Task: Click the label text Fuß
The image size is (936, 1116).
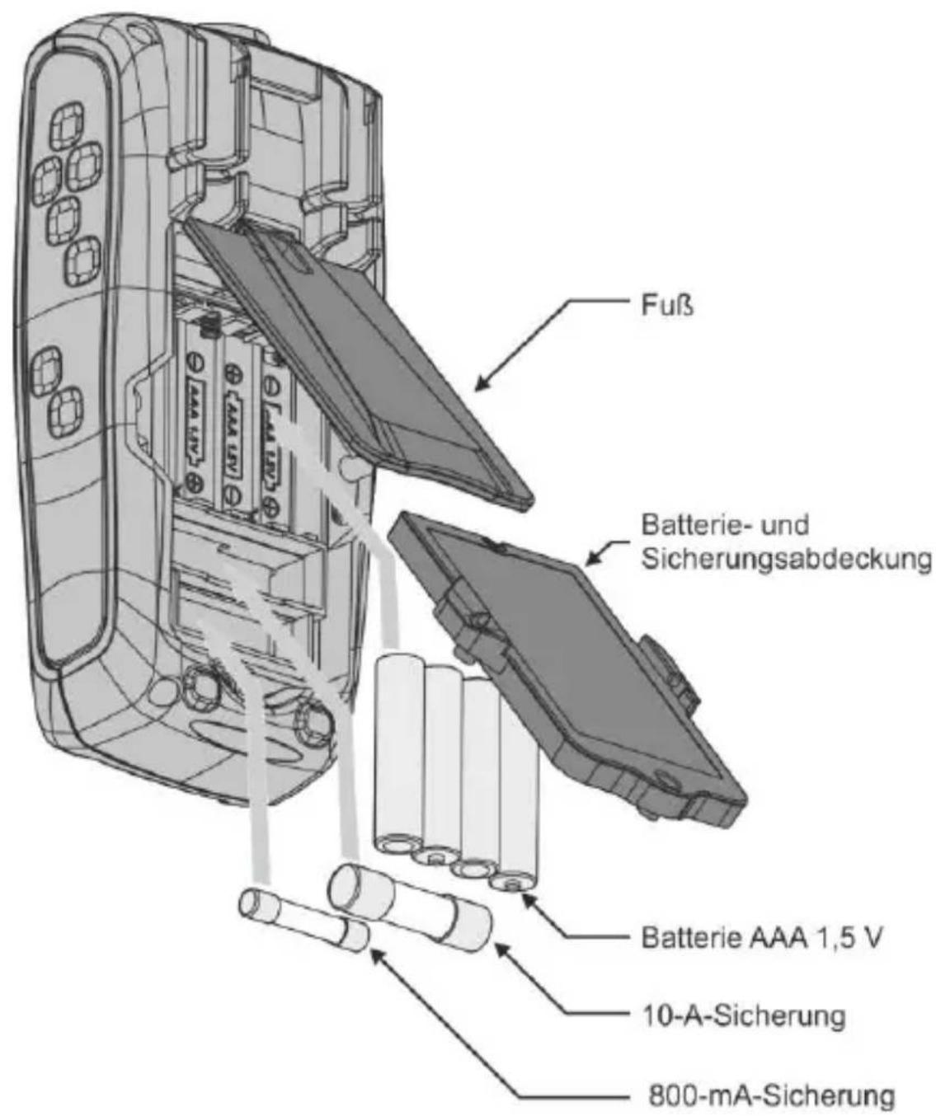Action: (666, 306)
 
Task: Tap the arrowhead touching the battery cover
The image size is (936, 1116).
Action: (593, 556)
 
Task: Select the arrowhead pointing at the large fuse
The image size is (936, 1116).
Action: (503, 950)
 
